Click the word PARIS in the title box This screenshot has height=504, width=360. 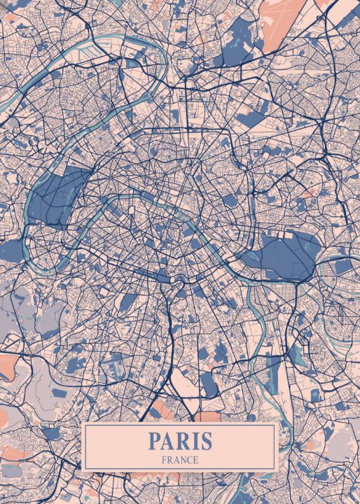180,442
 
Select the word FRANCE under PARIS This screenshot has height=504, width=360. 180,460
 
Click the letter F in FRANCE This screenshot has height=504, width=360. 163,460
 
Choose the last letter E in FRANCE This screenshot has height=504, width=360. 196,460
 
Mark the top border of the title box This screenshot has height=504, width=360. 180,425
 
